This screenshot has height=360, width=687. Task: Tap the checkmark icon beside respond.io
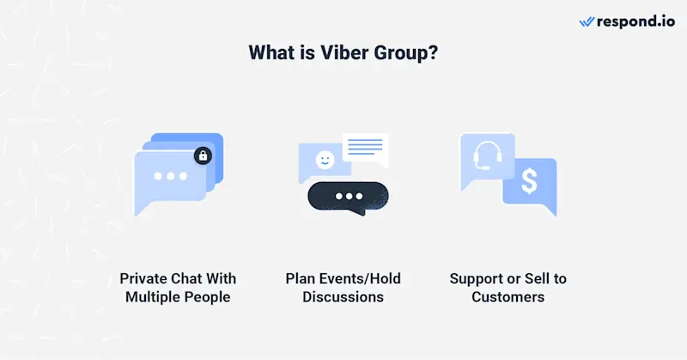tap(587, 21)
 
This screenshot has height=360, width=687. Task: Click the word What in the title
tap(270, 52)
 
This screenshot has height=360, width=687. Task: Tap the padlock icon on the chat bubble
tap(203, 156)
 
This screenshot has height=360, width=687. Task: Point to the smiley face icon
tap(324, 160)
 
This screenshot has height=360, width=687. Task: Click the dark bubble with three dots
tap(348, 197)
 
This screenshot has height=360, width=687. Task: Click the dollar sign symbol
tap(529, 180)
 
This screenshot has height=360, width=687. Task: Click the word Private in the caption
tap(143, 279)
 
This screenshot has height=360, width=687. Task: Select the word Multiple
tap(155, 297)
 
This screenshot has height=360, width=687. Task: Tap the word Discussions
tap(343, 297)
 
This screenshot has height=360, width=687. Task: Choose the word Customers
tap(508, 297)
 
